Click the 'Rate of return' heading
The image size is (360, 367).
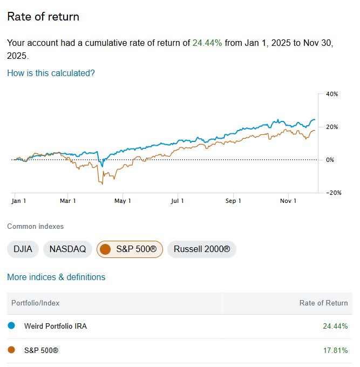pos(43,17)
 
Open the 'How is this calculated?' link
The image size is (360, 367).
pos(51,73)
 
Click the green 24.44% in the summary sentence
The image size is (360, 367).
pos(207,43)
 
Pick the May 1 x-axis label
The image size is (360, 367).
pos(123,201)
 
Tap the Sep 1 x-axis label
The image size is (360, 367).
pos(233,201)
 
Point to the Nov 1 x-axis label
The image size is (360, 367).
pos(288,201)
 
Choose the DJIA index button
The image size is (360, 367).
pos(23,249)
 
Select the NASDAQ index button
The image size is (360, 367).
pos(67,249)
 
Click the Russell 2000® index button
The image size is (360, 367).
pos(202,249)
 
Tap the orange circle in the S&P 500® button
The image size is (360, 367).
pos(106,249)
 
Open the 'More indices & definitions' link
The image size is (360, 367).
pos(56,277)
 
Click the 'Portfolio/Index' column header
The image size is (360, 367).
pos(36,303)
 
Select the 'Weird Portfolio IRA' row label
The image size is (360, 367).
pos(56,326)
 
